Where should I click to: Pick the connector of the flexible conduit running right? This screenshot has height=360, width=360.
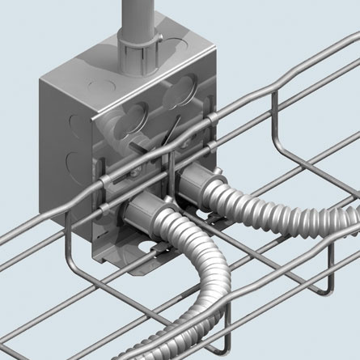coord(193,184)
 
